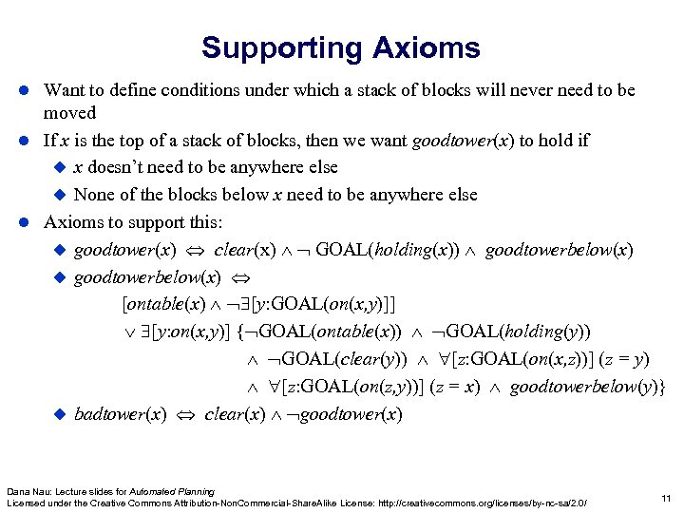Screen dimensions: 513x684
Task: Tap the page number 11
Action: pos(664,497)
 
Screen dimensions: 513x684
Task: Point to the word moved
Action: pos(69,112)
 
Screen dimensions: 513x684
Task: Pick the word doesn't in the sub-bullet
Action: pos(120,167)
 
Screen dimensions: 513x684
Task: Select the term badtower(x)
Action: pos(121,415)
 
